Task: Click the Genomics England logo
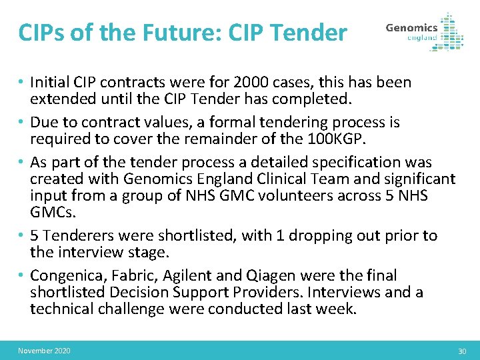(425, 31)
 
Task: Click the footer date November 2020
(44, 351)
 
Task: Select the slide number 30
(462, 351)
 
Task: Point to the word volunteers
(277, 197)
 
